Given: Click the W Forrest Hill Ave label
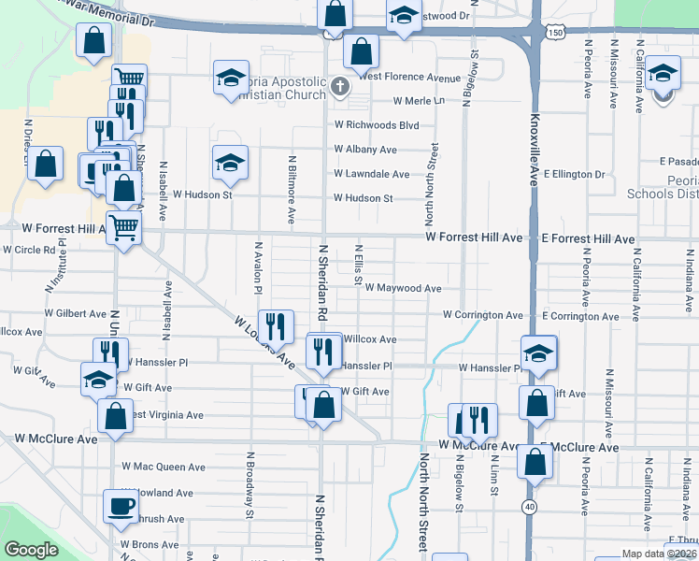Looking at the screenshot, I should (x=473, y=238).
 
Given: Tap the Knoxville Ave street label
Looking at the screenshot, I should (x=535, y=151).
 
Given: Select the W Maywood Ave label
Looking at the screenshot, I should (x=403, y=289).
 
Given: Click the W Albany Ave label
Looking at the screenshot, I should (x=365, y=150).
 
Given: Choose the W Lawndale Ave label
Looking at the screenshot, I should (x=372, y=174).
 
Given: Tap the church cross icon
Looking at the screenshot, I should (x=339, y=89).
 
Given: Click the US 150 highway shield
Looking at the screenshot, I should (x=555, y=33).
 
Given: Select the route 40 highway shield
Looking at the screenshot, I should (x=530, y=506).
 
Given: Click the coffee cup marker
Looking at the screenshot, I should (x=119, y=506).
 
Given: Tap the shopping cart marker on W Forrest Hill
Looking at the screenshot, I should (x=123, y=226).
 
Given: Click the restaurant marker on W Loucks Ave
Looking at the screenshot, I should (x=275, y=326).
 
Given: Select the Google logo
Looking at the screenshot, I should (x=31, y=551).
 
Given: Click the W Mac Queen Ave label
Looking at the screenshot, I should (x=164, y=467).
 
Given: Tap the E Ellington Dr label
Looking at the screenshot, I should (x=574, y=174).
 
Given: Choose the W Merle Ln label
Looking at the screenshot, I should (x=420, y=100).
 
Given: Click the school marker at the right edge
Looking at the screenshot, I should (x=663, y=74).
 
